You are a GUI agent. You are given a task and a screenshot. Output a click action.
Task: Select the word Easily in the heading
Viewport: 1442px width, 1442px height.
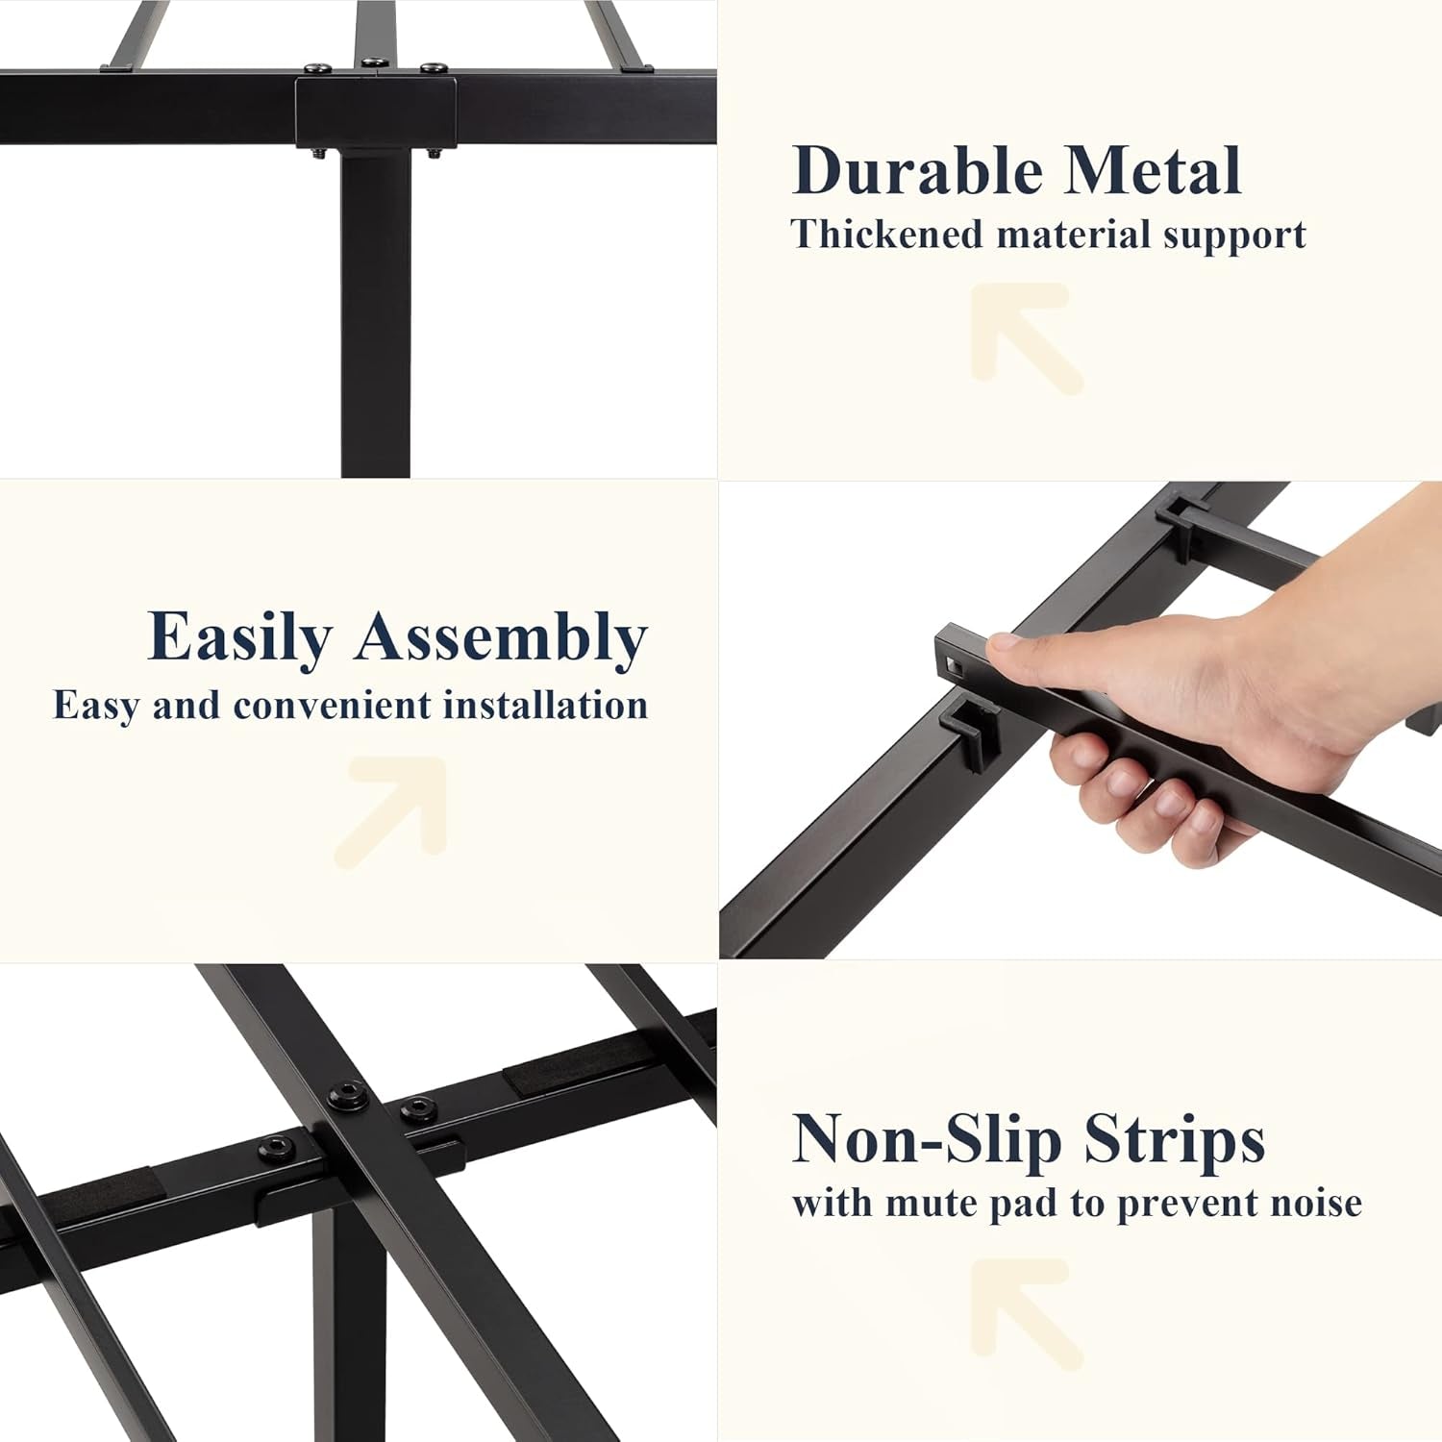(x=239, y=638)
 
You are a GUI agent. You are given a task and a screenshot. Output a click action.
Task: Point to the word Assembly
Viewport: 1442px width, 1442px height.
(x=501, y=638)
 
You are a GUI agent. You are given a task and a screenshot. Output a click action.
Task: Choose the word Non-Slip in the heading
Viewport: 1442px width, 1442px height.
(x=927, y=1140)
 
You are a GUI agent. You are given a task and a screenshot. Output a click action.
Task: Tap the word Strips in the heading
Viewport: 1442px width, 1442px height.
(x=1174, y=1140)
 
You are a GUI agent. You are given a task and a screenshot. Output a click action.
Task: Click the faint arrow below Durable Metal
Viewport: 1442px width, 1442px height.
(x=1025, y=336)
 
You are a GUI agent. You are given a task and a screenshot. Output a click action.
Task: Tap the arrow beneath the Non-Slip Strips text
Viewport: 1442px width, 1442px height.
(x=1025, y=1311)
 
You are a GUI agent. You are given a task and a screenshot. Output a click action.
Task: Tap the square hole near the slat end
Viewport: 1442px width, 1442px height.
(x=953, y=662)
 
